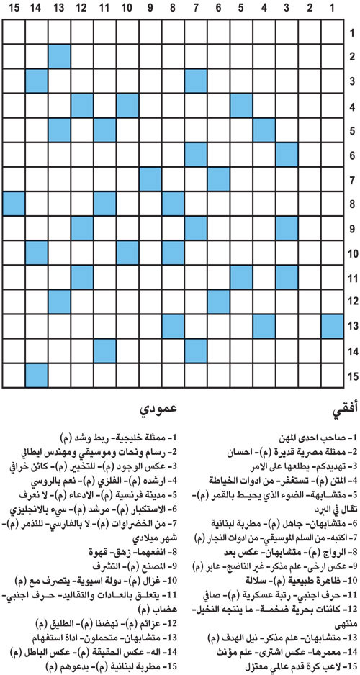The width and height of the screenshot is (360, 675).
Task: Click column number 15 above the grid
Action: tap(14, 9)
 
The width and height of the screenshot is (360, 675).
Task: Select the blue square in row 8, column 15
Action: tap(14, 204)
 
